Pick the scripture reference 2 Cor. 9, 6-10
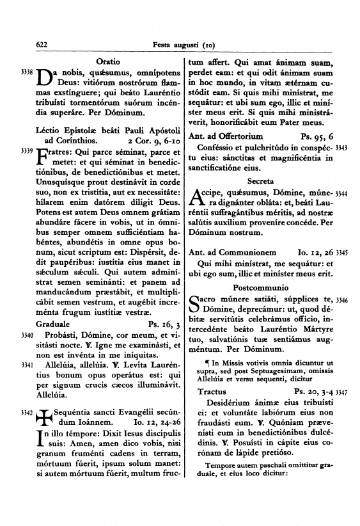154,139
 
